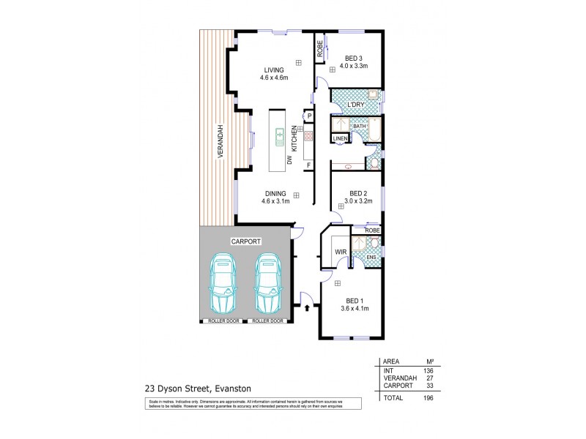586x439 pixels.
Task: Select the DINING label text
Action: click(275, 193)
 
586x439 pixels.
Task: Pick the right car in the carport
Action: click(267, 283)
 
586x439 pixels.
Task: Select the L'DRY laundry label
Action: click(355, 105)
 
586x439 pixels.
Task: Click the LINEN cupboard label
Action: click(340, 138)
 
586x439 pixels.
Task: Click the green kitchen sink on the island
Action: click(280, 135)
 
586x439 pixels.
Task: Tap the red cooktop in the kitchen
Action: click(308, 136)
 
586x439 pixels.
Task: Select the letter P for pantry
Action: click(309, 116)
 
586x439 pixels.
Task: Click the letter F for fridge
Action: click(309, 164)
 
